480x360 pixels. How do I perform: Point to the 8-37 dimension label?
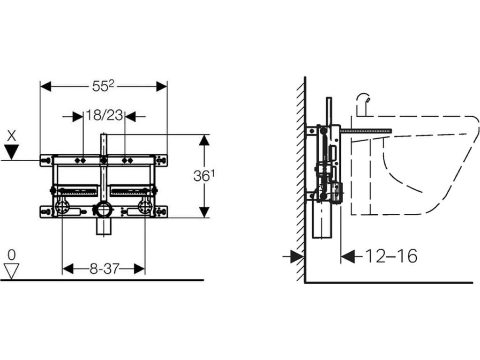(104, 269)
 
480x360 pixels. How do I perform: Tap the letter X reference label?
(12, 136)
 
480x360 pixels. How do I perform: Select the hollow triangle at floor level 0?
(12, 271)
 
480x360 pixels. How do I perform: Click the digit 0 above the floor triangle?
(12, 255)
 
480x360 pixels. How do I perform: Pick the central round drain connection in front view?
(103, 209)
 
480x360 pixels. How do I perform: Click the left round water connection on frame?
(62, 207)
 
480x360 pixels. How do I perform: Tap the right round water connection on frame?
(144, 207)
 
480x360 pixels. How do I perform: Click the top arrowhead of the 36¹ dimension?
(204, 140)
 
